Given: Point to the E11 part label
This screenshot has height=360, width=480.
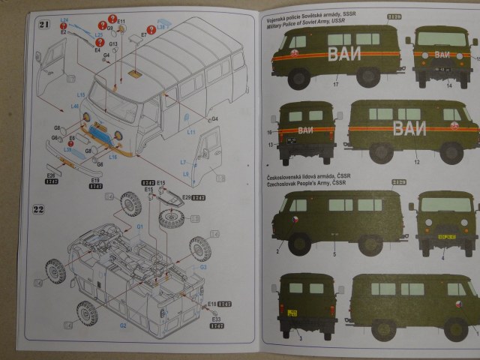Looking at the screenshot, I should pyautogui.click(x=121, y=21).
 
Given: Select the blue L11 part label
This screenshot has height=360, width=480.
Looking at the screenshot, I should pyautogui.click(x=191, y=132).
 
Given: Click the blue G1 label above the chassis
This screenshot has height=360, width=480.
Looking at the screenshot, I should pyautogui.click(x=139, y=226).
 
